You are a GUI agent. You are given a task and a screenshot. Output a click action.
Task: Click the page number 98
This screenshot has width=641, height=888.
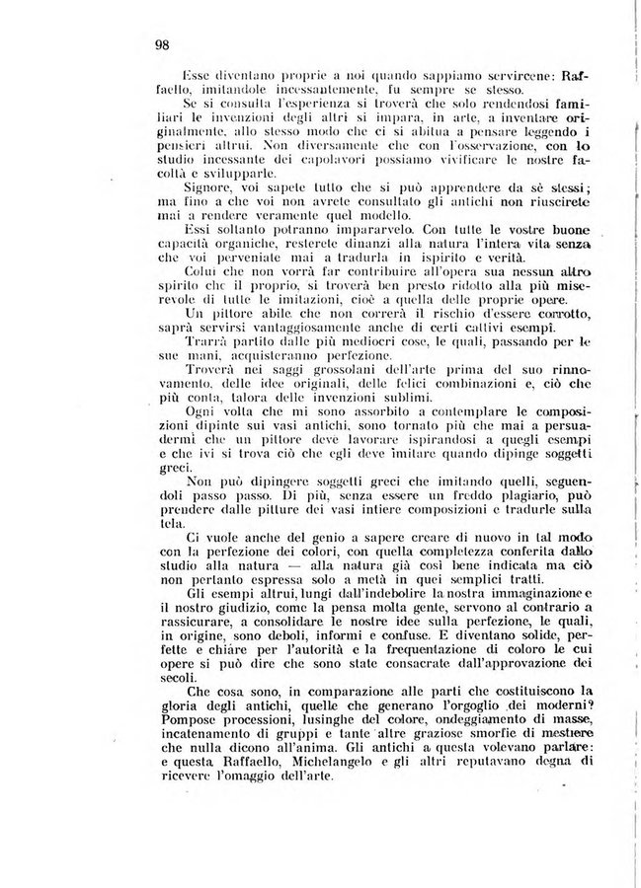coord(163,43)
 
